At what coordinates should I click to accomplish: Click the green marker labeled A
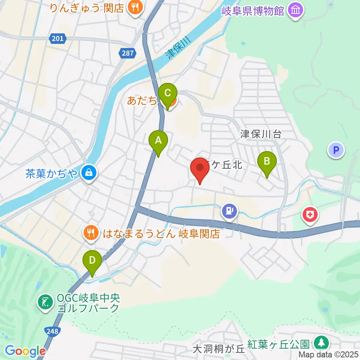[158, 141]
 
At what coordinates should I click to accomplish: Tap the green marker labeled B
[267, 162]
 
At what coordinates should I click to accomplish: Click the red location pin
[200, 169]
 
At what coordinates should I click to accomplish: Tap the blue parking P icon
[336, 150]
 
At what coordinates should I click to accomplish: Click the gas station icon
[229, 210]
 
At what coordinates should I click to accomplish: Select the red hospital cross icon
[310, 215]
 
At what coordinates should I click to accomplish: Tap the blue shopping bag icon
[89, 173]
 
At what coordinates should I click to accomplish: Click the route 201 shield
[58, 38]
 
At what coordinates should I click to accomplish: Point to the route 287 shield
[127, 53]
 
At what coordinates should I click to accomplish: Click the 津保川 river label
[178, 48]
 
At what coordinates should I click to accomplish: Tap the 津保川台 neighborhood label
[261, 134]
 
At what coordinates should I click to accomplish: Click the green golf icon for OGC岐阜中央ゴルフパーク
[46, 303]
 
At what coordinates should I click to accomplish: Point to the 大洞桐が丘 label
[218, 349]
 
